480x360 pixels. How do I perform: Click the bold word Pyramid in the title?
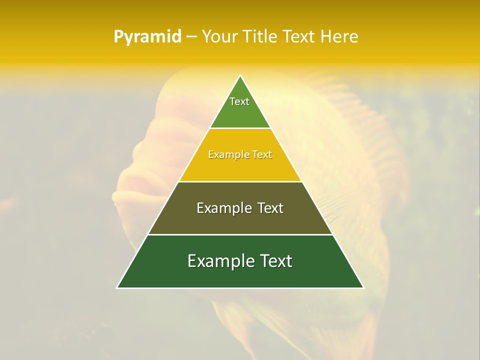pos(147,37)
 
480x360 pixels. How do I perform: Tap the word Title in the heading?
pos(261,37)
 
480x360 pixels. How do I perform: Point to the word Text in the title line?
pos(299,37)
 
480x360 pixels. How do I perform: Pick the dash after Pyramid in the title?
pos(191,37)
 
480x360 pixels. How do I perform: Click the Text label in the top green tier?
pos(239,101)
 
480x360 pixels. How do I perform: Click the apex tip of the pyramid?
pos(240,75)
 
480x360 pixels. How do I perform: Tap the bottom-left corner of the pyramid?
pos(117,287)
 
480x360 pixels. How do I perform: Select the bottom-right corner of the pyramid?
pos(363,287)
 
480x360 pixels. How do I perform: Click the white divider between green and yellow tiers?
pos(240,128)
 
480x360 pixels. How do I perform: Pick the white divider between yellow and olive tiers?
pos(240,181)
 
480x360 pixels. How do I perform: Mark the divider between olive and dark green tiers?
pos(240,234)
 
